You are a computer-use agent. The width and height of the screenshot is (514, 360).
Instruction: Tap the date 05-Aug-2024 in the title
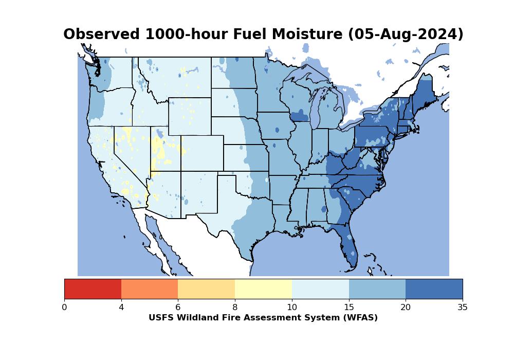click(406, 34)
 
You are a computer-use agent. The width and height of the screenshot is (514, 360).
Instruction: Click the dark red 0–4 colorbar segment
click(93, 289)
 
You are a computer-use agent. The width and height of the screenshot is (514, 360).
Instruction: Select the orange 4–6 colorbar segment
click(150, 289)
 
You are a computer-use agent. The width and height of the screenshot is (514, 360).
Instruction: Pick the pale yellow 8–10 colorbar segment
click(263, 289)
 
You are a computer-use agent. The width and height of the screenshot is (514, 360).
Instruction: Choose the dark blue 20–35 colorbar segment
click(434, 289)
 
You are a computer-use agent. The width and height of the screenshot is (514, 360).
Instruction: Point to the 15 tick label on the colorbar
click(348, 308)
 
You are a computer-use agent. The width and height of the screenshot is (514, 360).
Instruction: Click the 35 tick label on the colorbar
click(462, 308)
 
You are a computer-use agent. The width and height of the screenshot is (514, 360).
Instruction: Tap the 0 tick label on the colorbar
click(64, 308)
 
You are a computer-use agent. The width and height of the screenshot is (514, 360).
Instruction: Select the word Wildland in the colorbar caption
click(196, 318)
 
